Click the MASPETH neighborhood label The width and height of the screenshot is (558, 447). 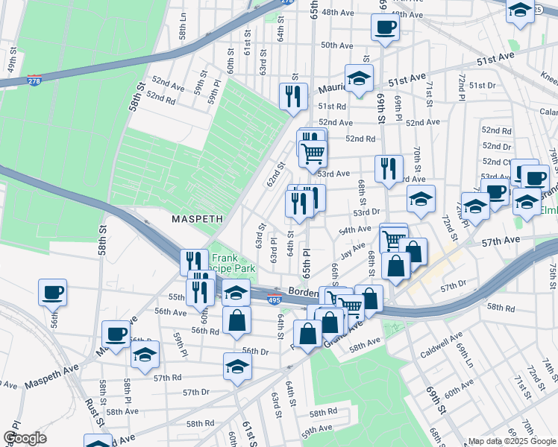(198, 220)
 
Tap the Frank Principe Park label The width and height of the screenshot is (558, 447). (238, 263)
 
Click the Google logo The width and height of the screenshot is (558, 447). (25, 438)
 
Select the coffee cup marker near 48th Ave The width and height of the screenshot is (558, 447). (385, 27)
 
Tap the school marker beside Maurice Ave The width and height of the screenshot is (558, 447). (359, 78)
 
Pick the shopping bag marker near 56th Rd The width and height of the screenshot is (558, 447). (236, 320)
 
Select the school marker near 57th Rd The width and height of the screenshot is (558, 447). (238, 367)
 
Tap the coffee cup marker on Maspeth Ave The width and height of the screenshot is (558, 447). (116, 335)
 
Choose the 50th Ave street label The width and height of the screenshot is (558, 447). (336, 45)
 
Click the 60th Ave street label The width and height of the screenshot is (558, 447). (459, 393)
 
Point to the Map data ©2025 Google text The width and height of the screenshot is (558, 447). (512, 441)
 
